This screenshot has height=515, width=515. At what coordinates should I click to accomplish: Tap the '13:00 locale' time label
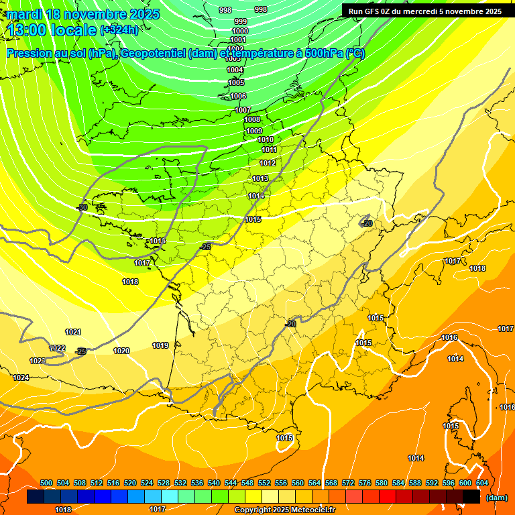50,30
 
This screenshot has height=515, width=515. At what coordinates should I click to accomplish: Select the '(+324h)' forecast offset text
119,30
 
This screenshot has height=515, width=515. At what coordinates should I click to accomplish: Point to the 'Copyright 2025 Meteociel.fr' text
284,510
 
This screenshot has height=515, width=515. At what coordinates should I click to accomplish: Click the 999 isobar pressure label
241,21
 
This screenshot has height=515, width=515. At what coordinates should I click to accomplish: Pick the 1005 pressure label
236,82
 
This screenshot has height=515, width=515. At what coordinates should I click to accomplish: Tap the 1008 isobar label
252,120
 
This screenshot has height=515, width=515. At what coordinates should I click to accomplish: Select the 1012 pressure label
268,163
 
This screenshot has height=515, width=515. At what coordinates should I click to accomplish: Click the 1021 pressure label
73,332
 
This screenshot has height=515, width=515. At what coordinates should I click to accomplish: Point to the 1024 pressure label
21,378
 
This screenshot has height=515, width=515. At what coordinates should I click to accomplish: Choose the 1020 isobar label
121,351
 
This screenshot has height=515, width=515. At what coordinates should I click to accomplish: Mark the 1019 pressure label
160,345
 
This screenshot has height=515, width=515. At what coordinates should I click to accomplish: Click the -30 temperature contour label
82,208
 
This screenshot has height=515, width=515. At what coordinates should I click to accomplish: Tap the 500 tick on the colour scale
46,483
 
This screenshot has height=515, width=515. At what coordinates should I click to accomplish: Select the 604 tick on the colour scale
482,483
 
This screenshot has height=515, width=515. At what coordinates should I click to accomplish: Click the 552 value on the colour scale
264,483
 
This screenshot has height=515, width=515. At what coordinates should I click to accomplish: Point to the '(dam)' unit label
496,498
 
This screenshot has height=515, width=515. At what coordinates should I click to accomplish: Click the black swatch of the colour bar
471,497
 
